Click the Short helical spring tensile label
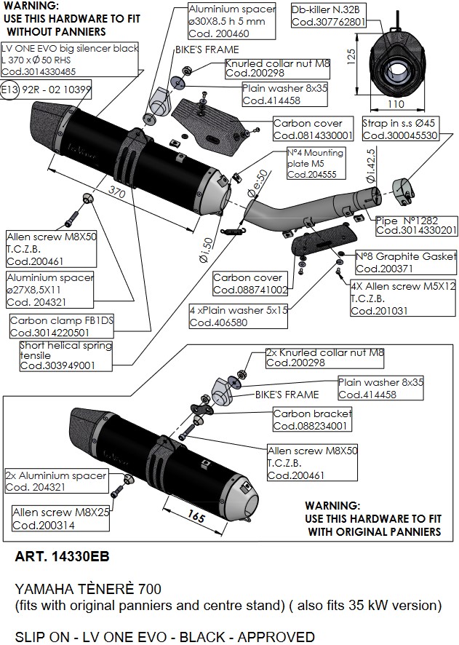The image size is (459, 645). [x=67, y=355]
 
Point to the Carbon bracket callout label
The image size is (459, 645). [x=312, y=419]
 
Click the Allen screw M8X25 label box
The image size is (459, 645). [x=60, y=518]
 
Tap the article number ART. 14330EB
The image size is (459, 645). [x=62, y=558]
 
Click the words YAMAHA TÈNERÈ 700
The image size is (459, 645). [x=88, y=588]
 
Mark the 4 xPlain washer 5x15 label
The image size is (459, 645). [x=239, y=314]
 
